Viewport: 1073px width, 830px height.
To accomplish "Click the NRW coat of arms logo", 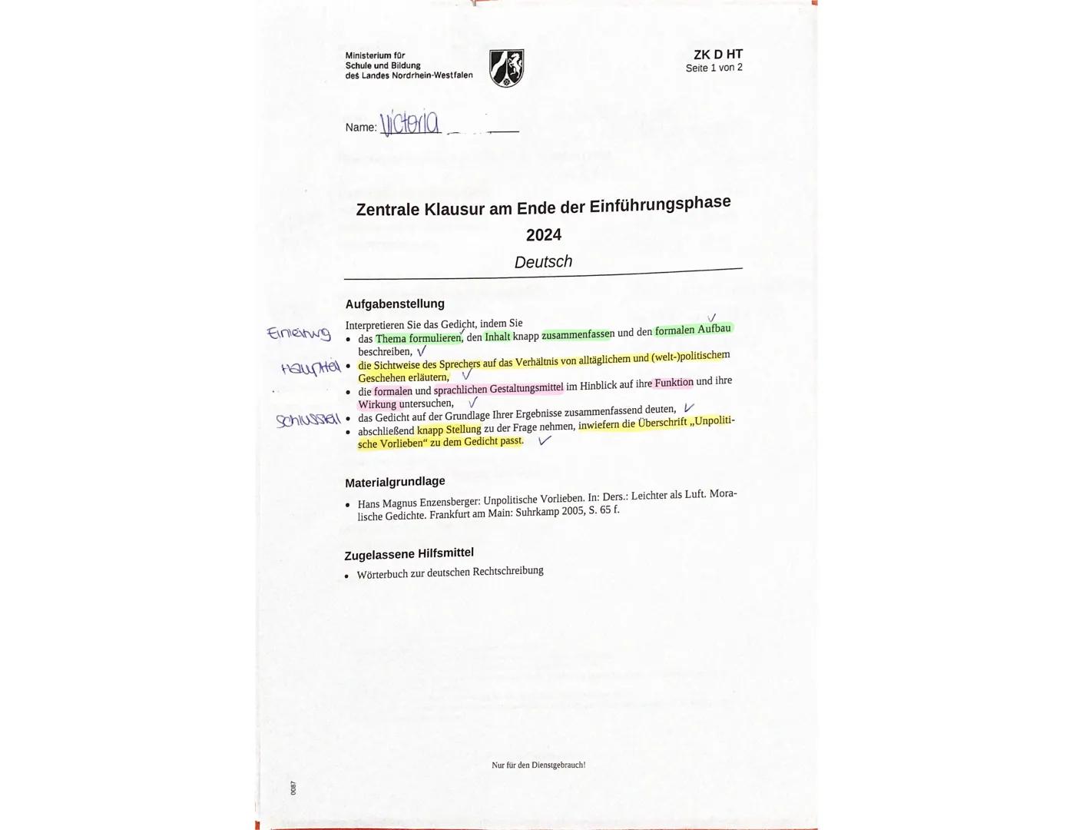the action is point(506,68).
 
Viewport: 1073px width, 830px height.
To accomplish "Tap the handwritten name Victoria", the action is point(410,123).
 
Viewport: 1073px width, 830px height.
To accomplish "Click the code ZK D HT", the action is point(717,55).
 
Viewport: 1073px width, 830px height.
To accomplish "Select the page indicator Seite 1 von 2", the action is point(714,68).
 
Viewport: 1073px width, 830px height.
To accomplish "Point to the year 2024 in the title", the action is point(543,235).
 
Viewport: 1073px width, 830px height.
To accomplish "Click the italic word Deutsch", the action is point(543,262).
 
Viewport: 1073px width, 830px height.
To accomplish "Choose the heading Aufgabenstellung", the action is point(395,304).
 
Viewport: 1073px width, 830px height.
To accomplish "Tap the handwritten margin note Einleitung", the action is point(298,334).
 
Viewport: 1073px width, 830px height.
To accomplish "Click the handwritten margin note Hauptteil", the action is point(310,368).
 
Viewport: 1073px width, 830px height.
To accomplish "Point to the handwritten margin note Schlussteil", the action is point(308,420).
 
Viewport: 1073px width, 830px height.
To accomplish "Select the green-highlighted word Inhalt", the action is point(497,337).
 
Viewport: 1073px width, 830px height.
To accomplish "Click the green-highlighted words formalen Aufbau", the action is point(693,330).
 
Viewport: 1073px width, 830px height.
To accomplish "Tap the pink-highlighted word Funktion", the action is point(674,383).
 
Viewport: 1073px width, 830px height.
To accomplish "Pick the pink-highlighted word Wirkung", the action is point(377,404).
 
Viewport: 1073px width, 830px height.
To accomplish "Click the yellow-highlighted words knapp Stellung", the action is point(449,430).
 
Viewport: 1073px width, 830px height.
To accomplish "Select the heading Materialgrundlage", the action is point(395,482).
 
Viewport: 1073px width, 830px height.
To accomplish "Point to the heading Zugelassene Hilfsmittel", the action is point(409,553).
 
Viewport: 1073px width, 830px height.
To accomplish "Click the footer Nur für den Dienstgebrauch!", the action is point(538,765).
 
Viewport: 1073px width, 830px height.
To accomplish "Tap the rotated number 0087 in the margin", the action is point(293,788).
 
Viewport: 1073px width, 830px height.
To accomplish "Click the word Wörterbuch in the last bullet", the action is point(383,574).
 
